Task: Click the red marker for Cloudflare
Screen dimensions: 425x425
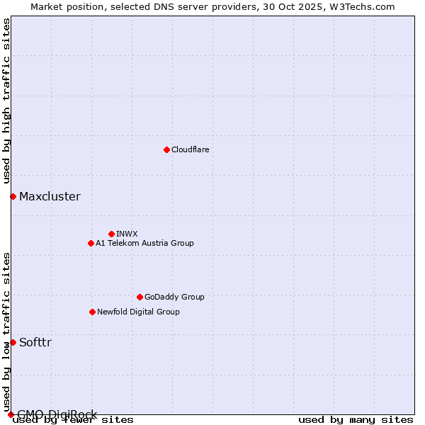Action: pos(166,149)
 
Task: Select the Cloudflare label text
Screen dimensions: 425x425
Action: pos(190,149)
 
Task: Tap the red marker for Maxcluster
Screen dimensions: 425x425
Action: pos(13,196)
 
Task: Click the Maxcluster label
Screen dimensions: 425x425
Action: pos(50,196)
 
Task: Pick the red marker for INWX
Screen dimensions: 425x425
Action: pos(111,234)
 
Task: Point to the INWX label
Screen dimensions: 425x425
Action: pos(127,234)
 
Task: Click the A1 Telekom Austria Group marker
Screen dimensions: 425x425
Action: pos(91,243)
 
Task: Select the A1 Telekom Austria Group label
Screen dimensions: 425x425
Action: pos(144,243)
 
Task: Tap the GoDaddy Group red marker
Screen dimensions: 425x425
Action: pos(140,297)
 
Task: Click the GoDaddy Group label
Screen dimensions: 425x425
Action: pos(174,297)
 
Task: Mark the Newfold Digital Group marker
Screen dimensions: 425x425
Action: pos(92,312)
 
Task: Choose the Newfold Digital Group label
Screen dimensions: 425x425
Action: pos(138,312)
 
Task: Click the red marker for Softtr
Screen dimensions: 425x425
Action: pos(13,342)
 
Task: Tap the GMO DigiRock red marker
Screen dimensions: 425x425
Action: pos(11,414)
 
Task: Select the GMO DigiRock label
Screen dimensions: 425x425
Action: pos(57,414)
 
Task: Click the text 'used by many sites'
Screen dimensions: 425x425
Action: pos(356,419)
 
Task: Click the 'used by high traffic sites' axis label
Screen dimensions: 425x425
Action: pos(7,101)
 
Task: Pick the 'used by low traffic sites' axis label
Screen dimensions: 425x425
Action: pos(7,331)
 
